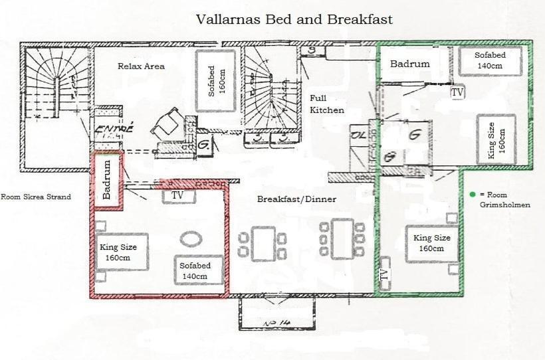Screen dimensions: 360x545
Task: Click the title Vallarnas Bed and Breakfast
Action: pos(294,19)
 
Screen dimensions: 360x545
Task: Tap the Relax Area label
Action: pos(141,66)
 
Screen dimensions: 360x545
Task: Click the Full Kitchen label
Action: pos(327,104)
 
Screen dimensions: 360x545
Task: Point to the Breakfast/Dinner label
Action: pos(296,199)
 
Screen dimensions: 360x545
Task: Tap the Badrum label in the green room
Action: pos(409,64)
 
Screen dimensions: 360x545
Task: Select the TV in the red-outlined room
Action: pos(177,196)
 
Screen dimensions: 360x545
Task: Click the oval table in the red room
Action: pos(191,239)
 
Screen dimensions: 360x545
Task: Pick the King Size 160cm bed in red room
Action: pos(120,252)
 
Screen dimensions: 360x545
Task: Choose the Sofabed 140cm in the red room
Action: pos(198,270)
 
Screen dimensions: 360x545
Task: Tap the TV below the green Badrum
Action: pos(457,93)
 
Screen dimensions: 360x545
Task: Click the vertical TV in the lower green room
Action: pos(383,275)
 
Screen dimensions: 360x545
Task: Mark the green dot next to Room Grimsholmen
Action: pos(472,195)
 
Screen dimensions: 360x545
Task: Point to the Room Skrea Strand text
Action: pos(35,197)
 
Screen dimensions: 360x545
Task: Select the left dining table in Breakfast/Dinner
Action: pos(263,243)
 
